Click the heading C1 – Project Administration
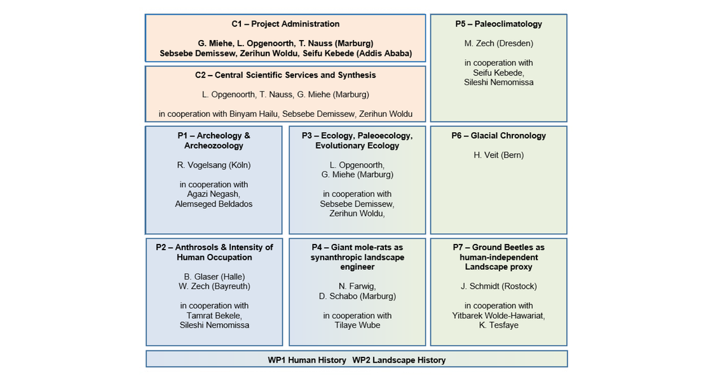point(285,24)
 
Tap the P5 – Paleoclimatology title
point(498,24)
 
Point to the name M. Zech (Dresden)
point(498,44)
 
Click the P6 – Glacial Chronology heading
point(498,136)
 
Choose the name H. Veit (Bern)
point(498,156)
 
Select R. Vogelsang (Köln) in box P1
point(214,166)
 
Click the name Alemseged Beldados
point(214,204)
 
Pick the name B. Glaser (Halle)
point(214,277)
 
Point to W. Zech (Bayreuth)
point(214,286)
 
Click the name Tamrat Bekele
point(214,316)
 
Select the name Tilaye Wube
point(357,325)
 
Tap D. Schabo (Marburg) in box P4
point(357,297)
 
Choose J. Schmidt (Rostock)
point(498,286)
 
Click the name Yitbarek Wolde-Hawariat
point(498,316)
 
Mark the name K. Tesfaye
point(498,325)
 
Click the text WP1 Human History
point(307,361)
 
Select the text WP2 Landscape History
point(399,361)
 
